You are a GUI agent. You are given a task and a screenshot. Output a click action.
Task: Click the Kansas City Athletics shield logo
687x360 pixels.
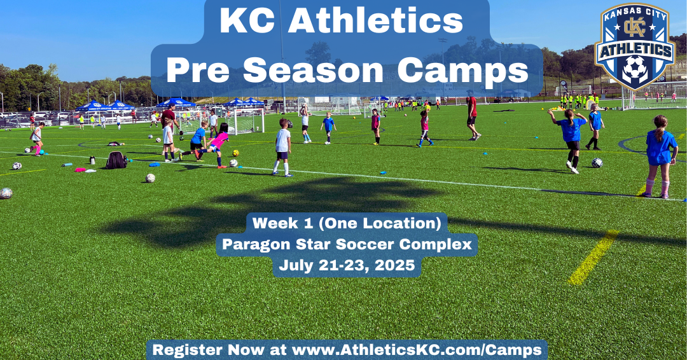[635, 46]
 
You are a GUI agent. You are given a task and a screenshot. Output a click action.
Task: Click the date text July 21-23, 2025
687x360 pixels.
[347, 265]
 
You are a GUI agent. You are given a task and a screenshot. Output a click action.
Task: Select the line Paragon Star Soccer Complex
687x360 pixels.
[347, 244]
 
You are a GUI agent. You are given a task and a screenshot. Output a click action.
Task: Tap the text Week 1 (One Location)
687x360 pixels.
[347, 223]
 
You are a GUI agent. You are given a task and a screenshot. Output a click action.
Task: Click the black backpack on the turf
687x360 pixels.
[116, 160]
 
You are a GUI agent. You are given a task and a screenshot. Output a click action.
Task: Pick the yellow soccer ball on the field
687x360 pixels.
[236, 153]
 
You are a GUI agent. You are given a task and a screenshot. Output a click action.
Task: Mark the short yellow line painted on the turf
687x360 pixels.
[593, 258]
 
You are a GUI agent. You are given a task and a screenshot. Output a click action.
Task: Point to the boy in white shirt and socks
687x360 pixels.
[282, 148]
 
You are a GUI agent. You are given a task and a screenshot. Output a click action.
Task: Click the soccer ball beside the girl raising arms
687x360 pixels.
[597, 163]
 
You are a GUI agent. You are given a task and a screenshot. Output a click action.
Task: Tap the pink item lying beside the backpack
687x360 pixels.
[80, 169]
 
